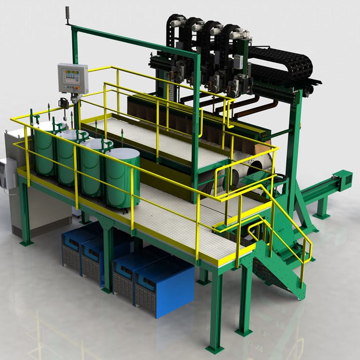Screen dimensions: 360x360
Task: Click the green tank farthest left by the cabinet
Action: pos(44,149)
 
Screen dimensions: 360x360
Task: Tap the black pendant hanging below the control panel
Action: pos(63,103)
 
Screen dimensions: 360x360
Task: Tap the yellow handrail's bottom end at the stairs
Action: pos(302,284)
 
